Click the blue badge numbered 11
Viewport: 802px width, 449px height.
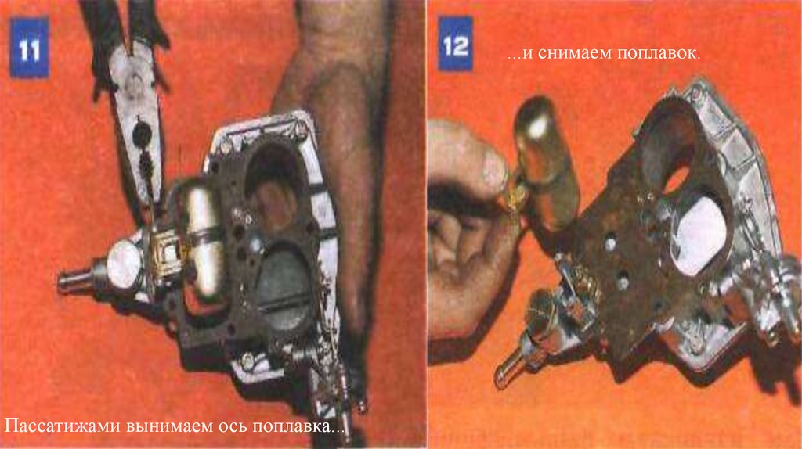pos(29,48)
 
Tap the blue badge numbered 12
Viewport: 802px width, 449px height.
pos(455,44)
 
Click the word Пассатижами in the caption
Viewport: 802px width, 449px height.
pos(63,426)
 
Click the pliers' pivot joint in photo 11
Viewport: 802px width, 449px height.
pos(142,132)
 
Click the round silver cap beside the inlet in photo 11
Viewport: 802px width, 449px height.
pos(123,263)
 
